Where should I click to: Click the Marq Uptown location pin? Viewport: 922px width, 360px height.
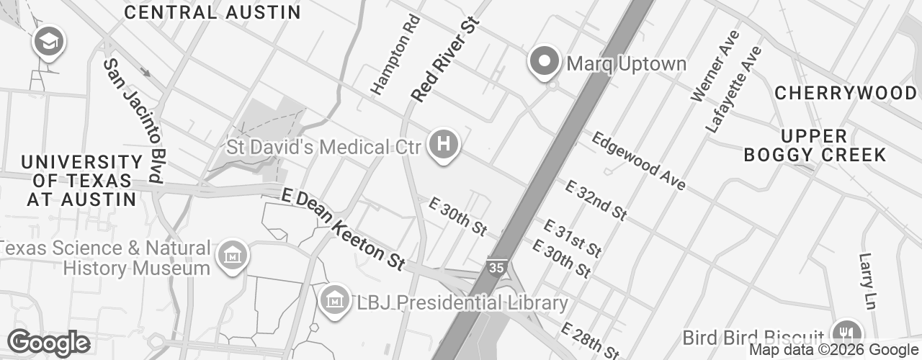545,62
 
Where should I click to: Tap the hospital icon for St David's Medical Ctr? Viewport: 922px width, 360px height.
444,145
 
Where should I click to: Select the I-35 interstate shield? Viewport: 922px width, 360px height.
496,267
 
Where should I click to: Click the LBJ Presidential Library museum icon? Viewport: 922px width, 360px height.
335,299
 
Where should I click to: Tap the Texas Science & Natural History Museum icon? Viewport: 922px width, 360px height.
233,256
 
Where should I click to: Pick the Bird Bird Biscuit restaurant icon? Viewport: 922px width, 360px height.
846,333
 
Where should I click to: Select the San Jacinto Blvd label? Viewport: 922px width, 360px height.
133,119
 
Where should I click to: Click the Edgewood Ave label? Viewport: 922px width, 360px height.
638,161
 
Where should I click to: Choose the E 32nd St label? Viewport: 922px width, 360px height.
595,200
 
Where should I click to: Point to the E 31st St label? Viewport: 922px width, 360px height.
573,238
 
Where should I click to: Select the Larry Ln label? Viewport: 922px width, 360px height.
867,281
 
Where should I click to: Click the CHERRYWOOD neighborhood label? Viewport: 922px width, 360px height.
846,93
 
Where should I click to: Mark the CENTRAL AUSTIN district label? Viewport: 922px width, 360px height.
212,12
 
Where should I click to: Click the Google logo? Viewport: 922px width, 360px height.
48,343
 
